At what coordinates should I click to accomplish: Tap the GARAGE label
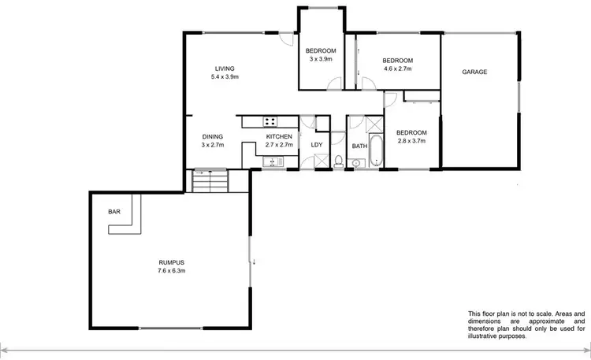(474, 72)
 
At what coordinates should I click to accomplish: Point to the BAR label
(113, 212)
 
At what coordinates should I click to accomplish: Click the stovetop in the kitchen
(270, 121)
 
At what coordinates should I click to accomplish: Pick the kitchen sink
(273, 162)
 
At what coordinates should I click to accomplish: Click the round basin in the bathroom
(355, 164)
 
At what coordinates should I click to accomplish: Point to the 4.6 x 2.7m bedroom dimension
(398, 69)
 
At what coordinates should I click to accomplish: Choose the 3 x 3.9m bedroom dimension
(321, 59)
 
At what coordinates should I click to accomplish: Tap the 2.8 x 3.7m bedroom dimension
(411, 141)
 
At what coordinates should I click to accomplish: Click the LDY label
(318, 145)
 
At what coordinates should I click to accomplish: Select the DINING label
(213, 136)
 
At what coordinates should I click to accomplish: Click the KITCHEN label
(279, 136)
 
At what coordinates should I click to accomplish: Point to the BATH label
(359, 146)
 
